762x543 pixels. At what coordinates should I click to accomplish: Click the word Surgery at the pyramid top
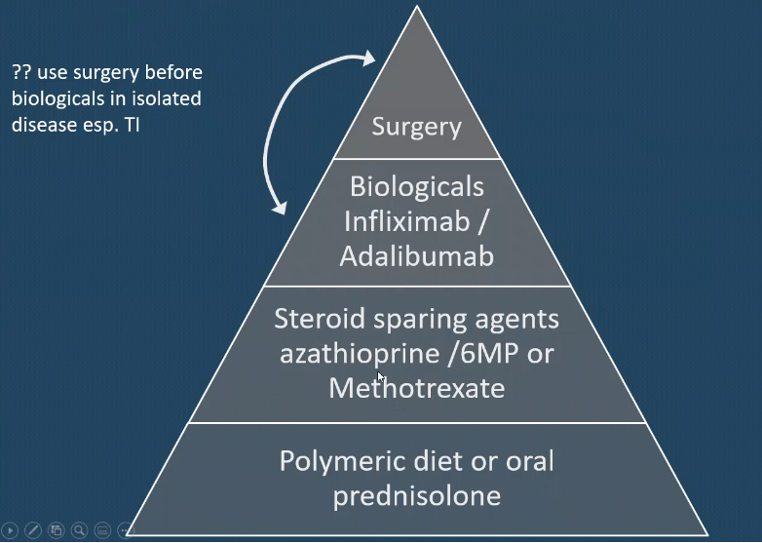pyautogui.click(x=416, y=128)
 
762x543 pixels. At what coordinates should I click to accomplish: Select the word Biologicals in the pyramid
pyautogui.click(x=417, y=185)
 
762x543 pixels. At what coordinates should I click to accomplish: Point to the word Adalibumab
pyautogui.click(x=417, y=255)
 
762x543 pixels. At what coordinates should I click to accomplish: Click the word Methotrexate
pyautogui.click(x=417, y=388)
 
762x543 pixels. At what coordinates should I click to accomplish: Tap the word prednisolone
pyautogui.click(x=417, y=495)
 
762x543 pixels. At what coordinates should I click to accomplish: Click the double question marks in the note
pyautogui.click(x=22, y=73)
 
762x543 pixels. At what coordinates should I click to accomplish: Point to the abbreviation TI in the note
pyautogui.click(x=130, y=126)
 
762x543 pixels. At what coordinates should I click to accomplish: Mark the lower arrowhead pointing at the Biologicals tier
pyautogui.click(x=282, y=208)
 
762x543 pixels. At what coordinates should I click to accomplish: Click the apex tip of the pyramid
pyautogui.click(x=417, y=8)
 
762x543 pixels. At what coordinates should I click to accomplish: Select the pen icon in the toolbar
pyautogui.click(x=33, y=530)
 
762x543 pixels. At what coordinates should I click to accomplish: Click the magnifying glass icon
pyautogui.click(x=79, y=530)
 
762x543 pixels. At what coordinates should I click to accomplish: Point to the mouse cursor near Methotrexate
pyautogui.click(x=381, y=376)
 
